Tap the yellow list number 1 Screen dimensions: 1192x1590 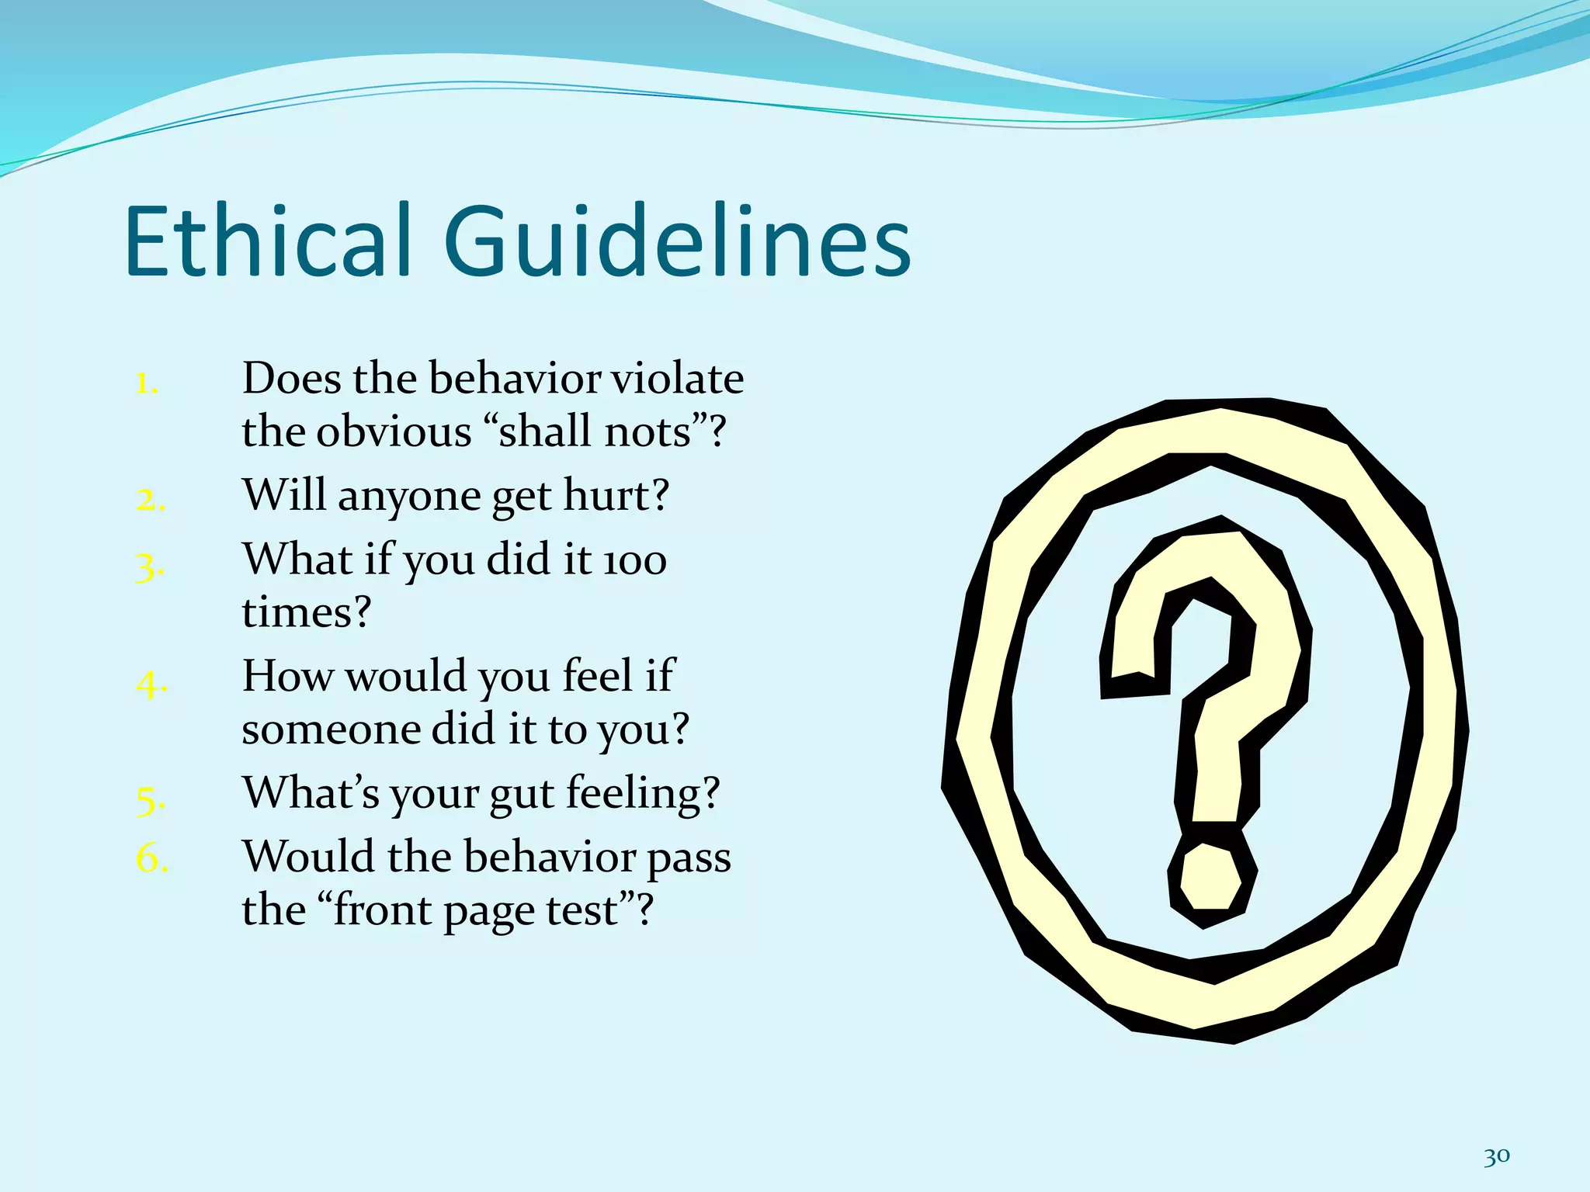click(x=146, y=383)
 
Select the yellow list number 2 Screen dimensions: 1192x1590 click(x=150, y=500)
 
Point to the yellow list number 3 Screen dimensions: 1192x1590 click(x=149, y=567)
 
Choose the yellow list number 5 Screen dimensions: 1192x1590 click(x=150, y=799)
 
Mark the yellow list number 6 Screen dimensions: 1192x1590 click(x=151, y=858)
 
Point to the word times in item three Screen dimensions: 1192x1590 click(x=306, y=612)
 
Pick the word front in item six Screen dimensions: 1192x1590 click(x=379, y=910)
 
